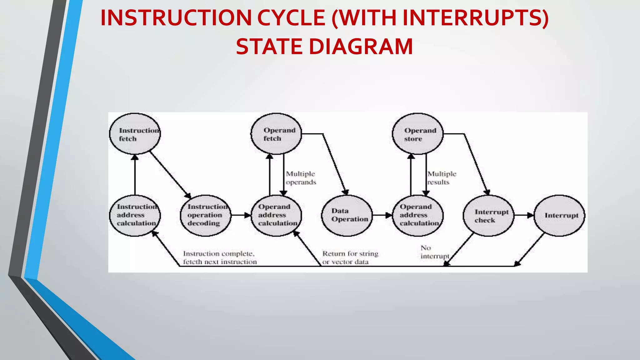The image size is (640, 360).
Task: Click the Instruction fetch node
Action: point(135,134)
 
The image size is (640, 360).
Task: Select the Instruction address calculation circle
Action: point(135,215)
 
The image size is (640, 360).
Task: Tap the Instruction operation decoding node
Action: point(206,215)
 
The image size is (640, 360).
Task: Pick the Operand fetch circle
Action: point(276,134)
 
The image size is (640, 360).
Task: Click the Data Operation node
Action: point(347,215)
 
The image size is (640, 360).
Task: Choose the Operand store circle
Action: point(418,134)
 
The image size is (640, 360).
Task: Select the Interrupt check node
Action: point(488,215)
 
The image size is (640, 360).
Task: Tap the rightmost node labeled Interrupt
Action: point(559,215)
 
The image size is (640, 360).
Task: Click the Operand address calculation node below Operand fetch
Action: point(276,215)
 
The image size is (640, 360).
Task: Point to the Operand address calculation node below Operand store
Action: point(418,215)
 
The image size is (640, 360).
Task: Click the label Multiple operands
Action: point(301,178)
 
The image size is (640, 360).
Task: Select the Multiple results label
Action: point(442,178)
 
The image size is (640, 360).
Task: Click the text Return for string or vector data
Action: point(350,257)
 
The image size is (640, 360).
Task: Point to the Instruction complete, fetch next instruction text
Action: point(220,257)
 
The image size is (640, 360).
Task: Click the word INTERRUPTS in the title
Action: point(475,18)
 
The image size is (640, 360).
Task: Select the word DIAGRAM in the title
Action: point(361,47)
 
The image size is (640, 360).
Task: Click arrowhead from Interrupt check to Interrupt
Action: point(530,215)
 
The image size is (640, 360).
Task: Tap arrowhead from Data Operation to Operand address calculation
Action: point(388,215)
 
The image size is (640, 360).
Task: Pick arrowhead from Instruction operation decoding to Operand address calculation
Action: point(247,215)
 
